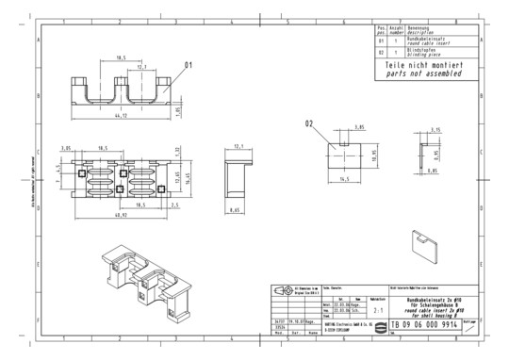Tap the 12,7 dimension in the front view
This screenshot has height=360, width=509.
(140, 67)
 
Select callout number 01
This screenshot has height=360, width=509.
(188, 64)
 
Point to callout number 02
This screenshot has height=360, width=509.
(308, 123)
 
